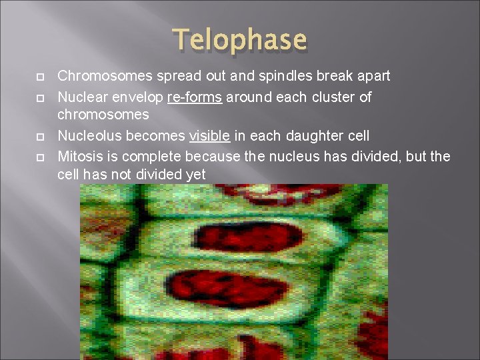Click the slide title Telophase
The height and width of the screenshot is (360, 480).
coord(241,40)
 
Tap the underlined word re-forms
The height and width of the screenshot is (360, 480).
coord(195,97)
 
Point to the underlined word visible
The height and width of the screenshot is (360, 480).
coord(210,136)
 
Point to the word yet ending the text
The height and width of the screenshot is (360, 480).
coord(195,174)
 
